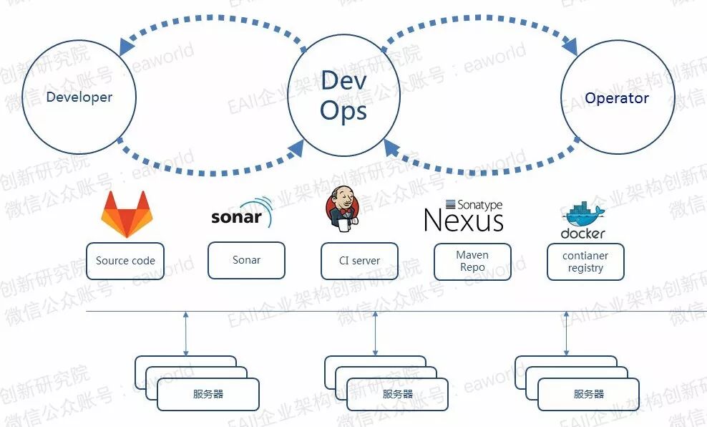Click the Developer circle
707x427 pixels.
[79, 97]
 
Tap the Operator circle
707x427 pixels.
[617, 99]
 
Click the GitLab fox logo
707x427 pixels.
[127, 214]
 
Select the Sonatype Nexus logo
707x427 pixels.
[463, 216]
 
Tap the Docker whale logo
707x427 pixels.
[583, 221]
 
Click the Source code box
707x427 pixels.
[125, 261]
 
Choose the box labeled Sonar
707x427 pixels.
[246, 260]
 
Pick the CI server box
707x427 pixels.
[359, 261]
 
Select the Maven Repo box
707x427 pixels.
[472, 262]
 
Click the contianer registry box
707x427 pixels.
[585, 262]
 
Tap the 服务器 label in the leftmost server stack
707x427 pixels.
[208, 394]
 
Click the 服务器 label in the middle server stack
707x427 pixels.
[398, 394]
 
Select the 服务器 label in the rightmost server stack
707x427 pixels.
[589, 394]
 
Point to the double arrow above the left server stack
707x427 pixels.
[186, 333]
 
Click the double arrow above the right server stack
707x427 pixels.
[567, 333]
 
